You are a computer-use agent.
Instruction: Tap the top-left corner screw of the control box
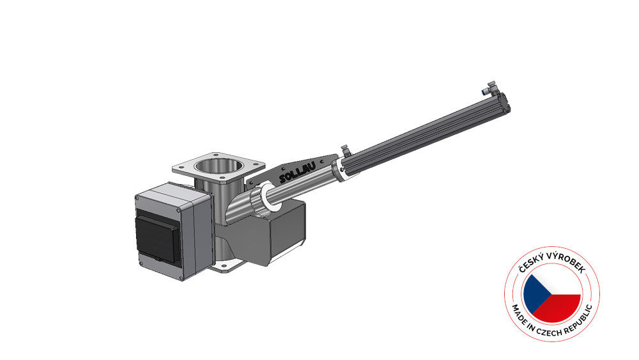139,200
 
